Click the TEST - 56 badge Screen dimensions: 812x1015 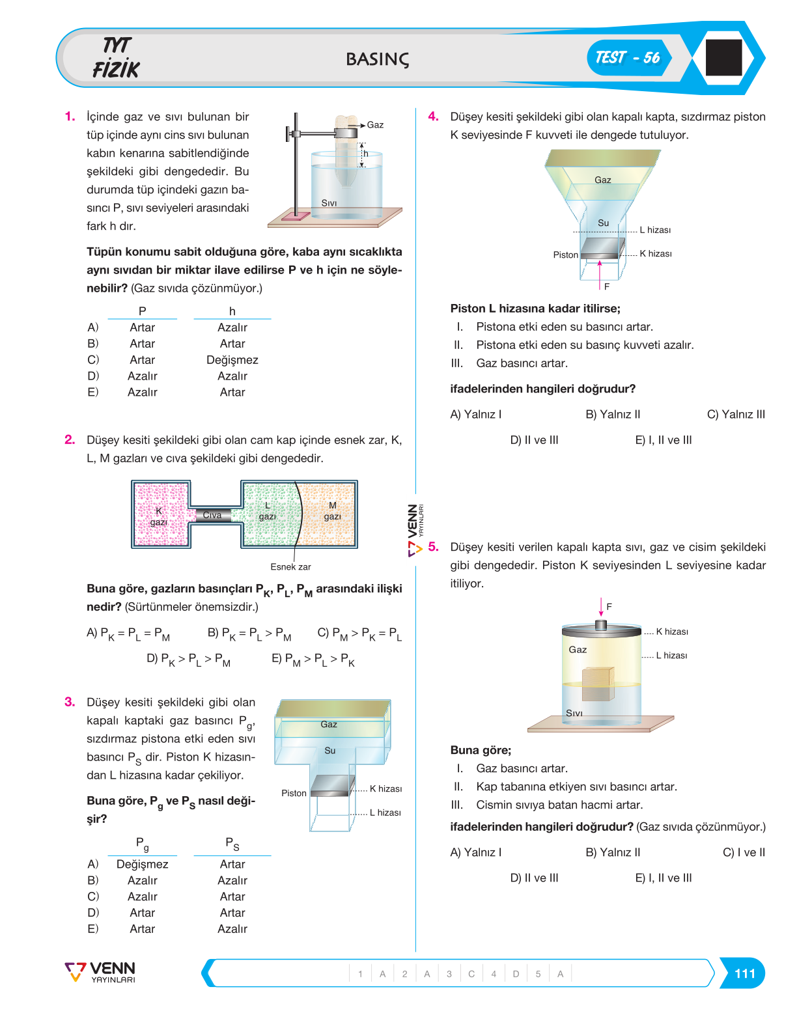click(x=628, y=57)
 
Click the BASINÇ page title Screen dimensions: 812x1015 click(x=377, y=59)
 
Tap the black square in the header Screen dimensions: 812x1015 click(x=723, y=57)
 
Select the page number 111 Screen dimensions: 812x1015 click(x=744, y=973)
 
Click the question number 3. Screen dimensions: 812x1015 click(x=70, y=702)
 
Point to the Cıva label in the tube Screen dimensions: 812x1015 click(x=212, y=514)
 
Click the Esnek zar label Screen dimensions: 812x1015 click(x=290, y=566)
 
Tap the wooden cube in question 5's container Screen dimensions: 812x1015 click(x=598, y=684)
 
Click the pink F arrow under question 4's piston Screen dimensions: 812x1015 click(x=599, y=275)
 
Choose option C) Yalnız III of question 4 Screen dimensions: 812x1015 click(x=736, y=414)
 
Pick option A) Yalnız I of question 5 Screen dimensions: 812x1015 click(x=475, y=852)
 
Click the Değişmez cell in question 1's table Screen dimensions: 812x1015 click(x=232, y=360)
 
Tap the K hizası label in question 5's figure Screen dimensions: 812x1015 click(x=671, y=632)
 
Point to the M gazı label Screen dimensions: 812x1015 click(x=332, y=511)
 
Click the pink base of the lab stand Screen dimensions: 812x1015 click(x=296, y=217)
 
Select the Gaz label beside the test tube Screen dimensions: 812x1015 click(x=375, y=124)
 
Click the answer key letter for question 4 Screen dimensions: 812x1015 click(x=516, y=974)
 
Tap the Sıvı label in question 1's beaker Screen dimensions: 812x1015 click(x=329, y=203)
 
